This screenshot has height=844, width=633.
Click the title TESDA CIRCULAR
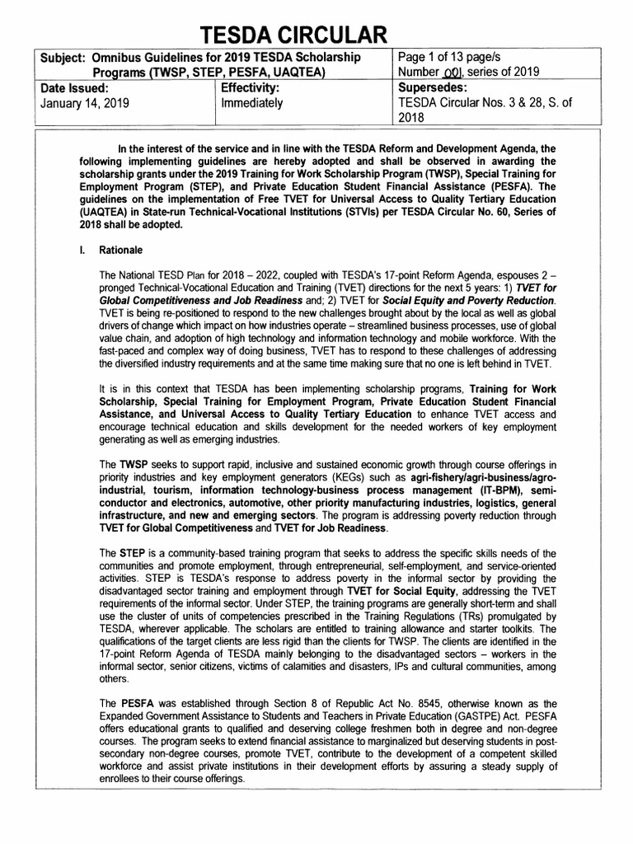[x=316, y=34]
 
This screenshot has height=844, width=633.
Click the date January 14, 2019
[x=84, y=104]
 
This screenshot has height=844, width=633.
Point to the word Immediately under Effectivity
[x=252, y=104]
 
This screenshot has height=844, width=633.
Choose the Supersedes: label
[x=434, y=87]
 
